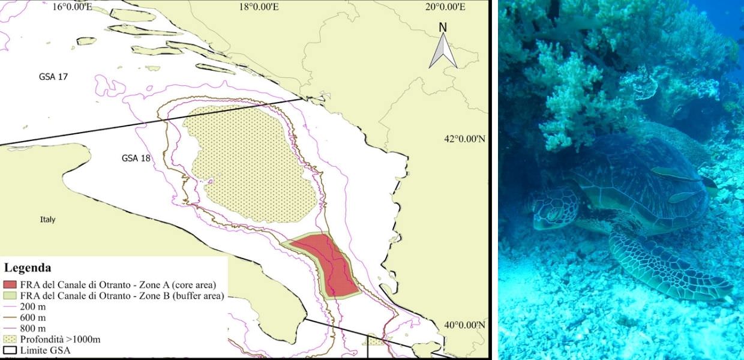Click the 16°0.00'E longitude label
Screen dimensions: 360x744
pos(72,7)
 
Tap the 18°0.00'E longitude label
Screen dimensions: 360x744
pos(259,7)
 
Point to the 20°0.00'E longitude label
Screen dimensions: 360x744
pos(445,7)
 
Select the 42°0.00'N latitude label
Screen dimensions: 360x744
pos(464,139)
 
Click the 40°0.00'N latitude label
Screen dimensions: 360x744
pos(464,325)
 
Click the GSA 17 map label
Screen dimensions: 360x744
pos(51,77)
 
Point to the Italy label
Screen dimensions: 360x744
pos(47,220)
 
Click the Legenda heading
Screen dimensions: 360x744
pos(28,268)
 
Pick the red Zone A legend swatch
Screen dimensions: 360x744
pos(11,284)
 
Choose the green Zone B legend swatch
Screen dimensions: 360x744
pos(11,295)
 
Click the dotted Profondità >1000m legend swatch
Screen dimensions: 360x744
pos(11,339)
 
